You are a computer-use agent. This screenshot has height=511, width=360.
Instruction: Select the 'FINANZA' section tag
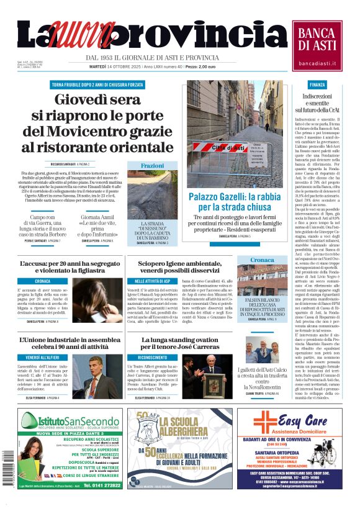(x=317, y=84)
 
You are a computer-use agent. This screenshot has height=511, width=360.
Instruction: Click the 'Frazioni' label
(x=152, y=166)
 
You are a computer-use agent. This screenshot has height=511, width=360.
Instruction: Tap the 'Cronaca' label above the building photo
(x=263, y=260)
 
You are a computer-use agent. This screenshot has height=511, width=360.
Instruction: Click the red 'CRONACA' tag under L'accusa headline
(x=43, y=281)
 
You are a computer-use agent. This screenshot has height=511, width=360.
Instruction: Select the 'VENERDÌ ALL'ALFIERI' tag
(x=43, y=358)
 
